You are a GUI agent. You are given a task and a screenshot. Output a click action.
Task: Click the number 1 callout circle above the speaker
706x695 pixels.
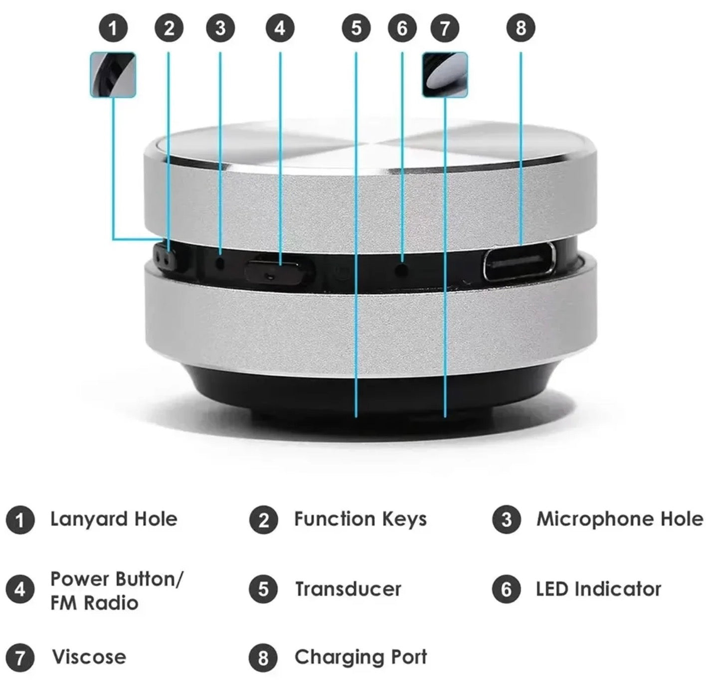pos(113,28)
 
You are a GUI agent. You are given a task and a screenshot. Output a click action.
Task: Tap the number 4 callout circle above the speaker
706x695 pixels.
pos(280,28)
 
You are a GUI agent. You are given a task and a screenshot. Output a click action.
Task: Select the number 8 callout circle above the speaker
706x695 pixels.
pos(521,28)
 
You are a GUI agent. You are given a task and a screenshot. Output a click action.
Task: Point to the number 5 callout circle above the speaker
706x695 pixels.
pos(356,28)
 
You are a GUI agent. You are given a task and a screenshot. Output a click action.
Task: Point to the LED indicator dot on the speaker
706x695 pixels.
pos(402,270)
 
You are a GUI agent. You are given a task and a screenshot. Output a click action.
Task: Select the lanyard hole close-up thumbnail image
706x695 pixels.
pos(113,75)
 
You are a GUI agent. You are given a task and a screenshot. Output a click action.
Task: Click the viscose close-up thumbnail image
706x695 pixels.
pos(444,75)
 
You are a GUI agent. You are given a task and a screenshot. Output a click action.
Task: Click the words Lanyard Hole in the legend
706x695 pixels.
pos(114,520)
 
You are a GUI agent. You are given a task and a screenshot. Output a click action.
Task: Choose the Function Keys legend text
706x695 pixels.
pos(360,520)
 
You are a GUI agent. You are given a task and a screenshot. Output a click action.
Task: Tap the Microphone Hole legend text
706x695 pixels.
pos(620,519)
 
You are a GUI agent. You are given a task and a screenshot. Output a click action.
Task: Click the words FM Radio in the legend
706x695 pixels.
pos(94,603)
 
